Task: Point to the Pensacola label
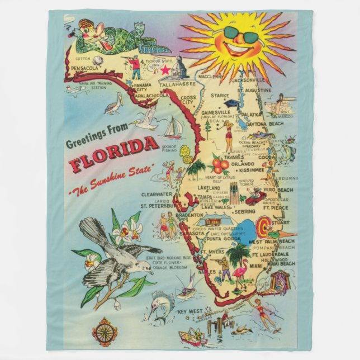(84, 69)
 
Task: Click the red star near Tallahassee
(164, 71)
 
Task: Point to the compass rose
(105, 331)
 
